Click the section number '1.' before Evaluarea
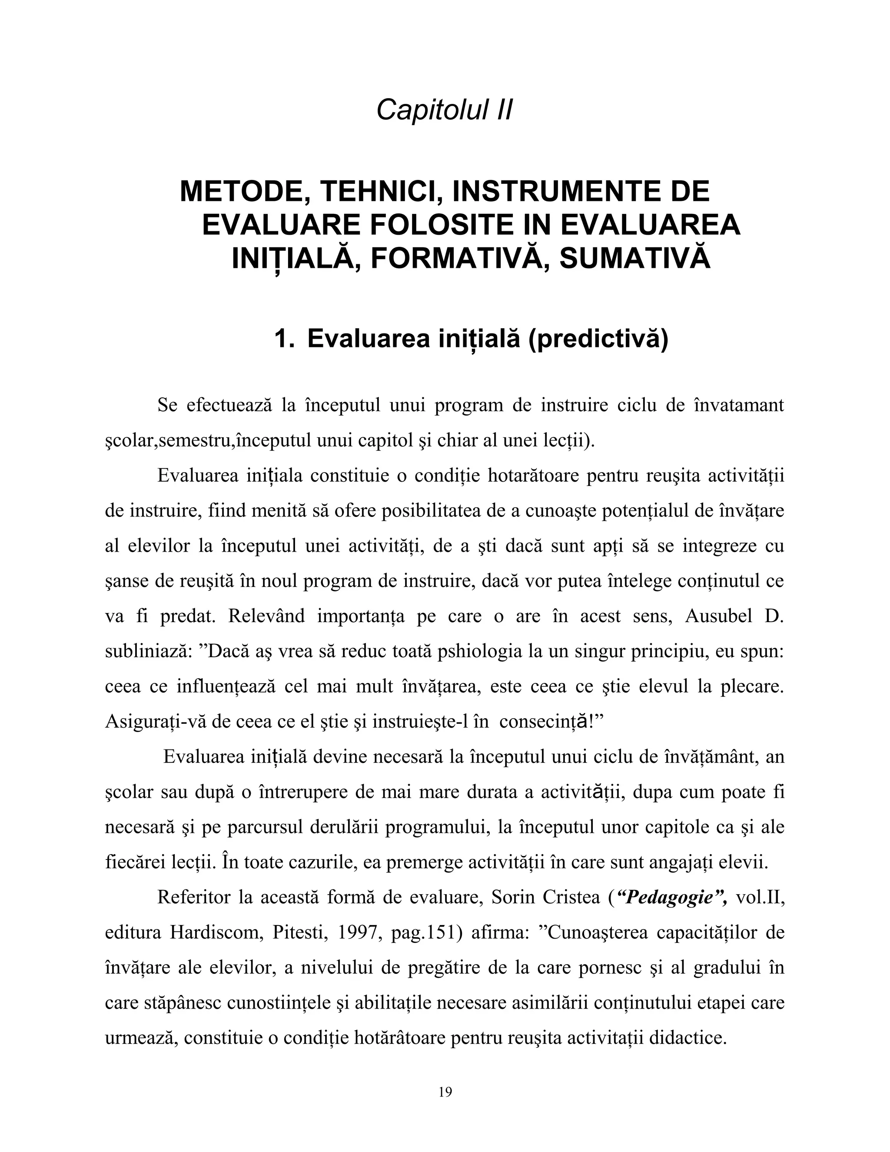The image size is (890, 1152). click(x=284, y=338)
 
